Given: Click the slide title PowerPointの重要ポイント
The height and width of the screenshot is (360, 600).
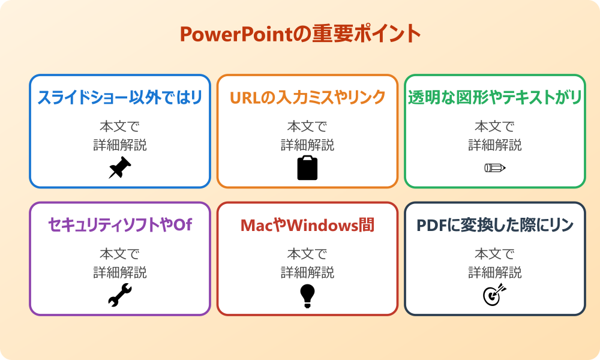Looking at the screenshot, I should pyautogui.click(x=300, y=34).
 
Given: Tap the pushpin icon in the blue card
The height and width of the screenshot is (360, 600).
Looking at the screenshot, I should pyautogui.click(x=119, y=168).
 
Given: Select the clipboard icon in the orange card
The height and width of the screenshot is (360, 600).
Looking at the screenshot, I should pyautogui.click(x=307, y=168).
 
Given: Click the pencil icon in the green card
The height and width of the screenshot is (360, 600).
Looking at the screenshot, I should pyautogui.click(x=494, y=167).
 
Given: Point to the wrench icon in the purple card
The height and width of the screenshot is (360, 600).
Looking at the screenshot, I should pyautogui.click(x=119, y=295).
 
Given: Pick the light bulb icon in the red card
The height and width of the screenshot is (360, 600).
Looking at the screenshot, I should pyautogui.click(x=307, y=295).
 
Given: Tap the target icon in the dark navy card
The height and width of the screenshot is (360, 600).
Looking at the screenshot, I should pyautogui.click(x=494, y=295).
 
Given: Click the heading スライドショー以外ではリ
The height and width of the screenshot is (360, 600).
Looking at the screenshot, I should pyautogui.click(x=119, y=97).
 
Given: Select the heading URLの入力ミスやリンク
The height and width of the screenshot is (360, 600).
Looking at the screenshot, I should pyautogui.click(x=307, y=97).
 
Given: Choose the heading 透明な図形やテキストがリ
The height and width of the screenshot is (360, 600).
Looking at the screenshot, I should pyautogui.click(x=495, y=97).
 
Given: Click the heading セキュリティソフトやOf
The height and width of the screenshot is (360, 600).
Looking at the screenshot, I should pyautogui.click(x=119, y=225).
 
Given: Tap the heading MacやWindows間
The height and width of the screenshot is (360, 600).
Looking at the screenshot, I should pyautogui.click(x=307, y=225).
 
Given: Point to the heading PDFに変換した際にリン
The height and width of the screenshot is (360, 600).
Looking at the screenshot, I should pyautogui.click(x=495, y=225).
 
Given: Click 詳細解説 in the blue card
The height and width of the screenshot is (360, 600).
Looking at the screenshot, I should pyautogui.click(x=119, y=145).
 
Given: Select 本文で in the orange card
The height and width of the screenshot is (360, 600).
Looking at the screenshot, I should pyautogui.click(x=307, y=127).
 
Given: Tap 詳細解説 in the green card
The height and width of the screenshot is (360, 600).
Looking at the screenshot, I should pyautogui.click(x=495, y=145).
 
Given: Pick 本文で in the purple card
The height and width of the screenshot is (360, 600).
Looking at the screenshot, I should pyautogui.click(x=119, y=254).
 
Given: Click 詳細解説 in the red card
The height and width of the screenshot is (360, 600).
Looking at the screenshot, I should pyautogui.click(x=307, y=272).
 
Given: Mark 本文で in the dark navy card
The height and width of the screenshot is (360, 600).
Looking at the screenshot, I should pyautogui.click(x=495, y=254).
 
